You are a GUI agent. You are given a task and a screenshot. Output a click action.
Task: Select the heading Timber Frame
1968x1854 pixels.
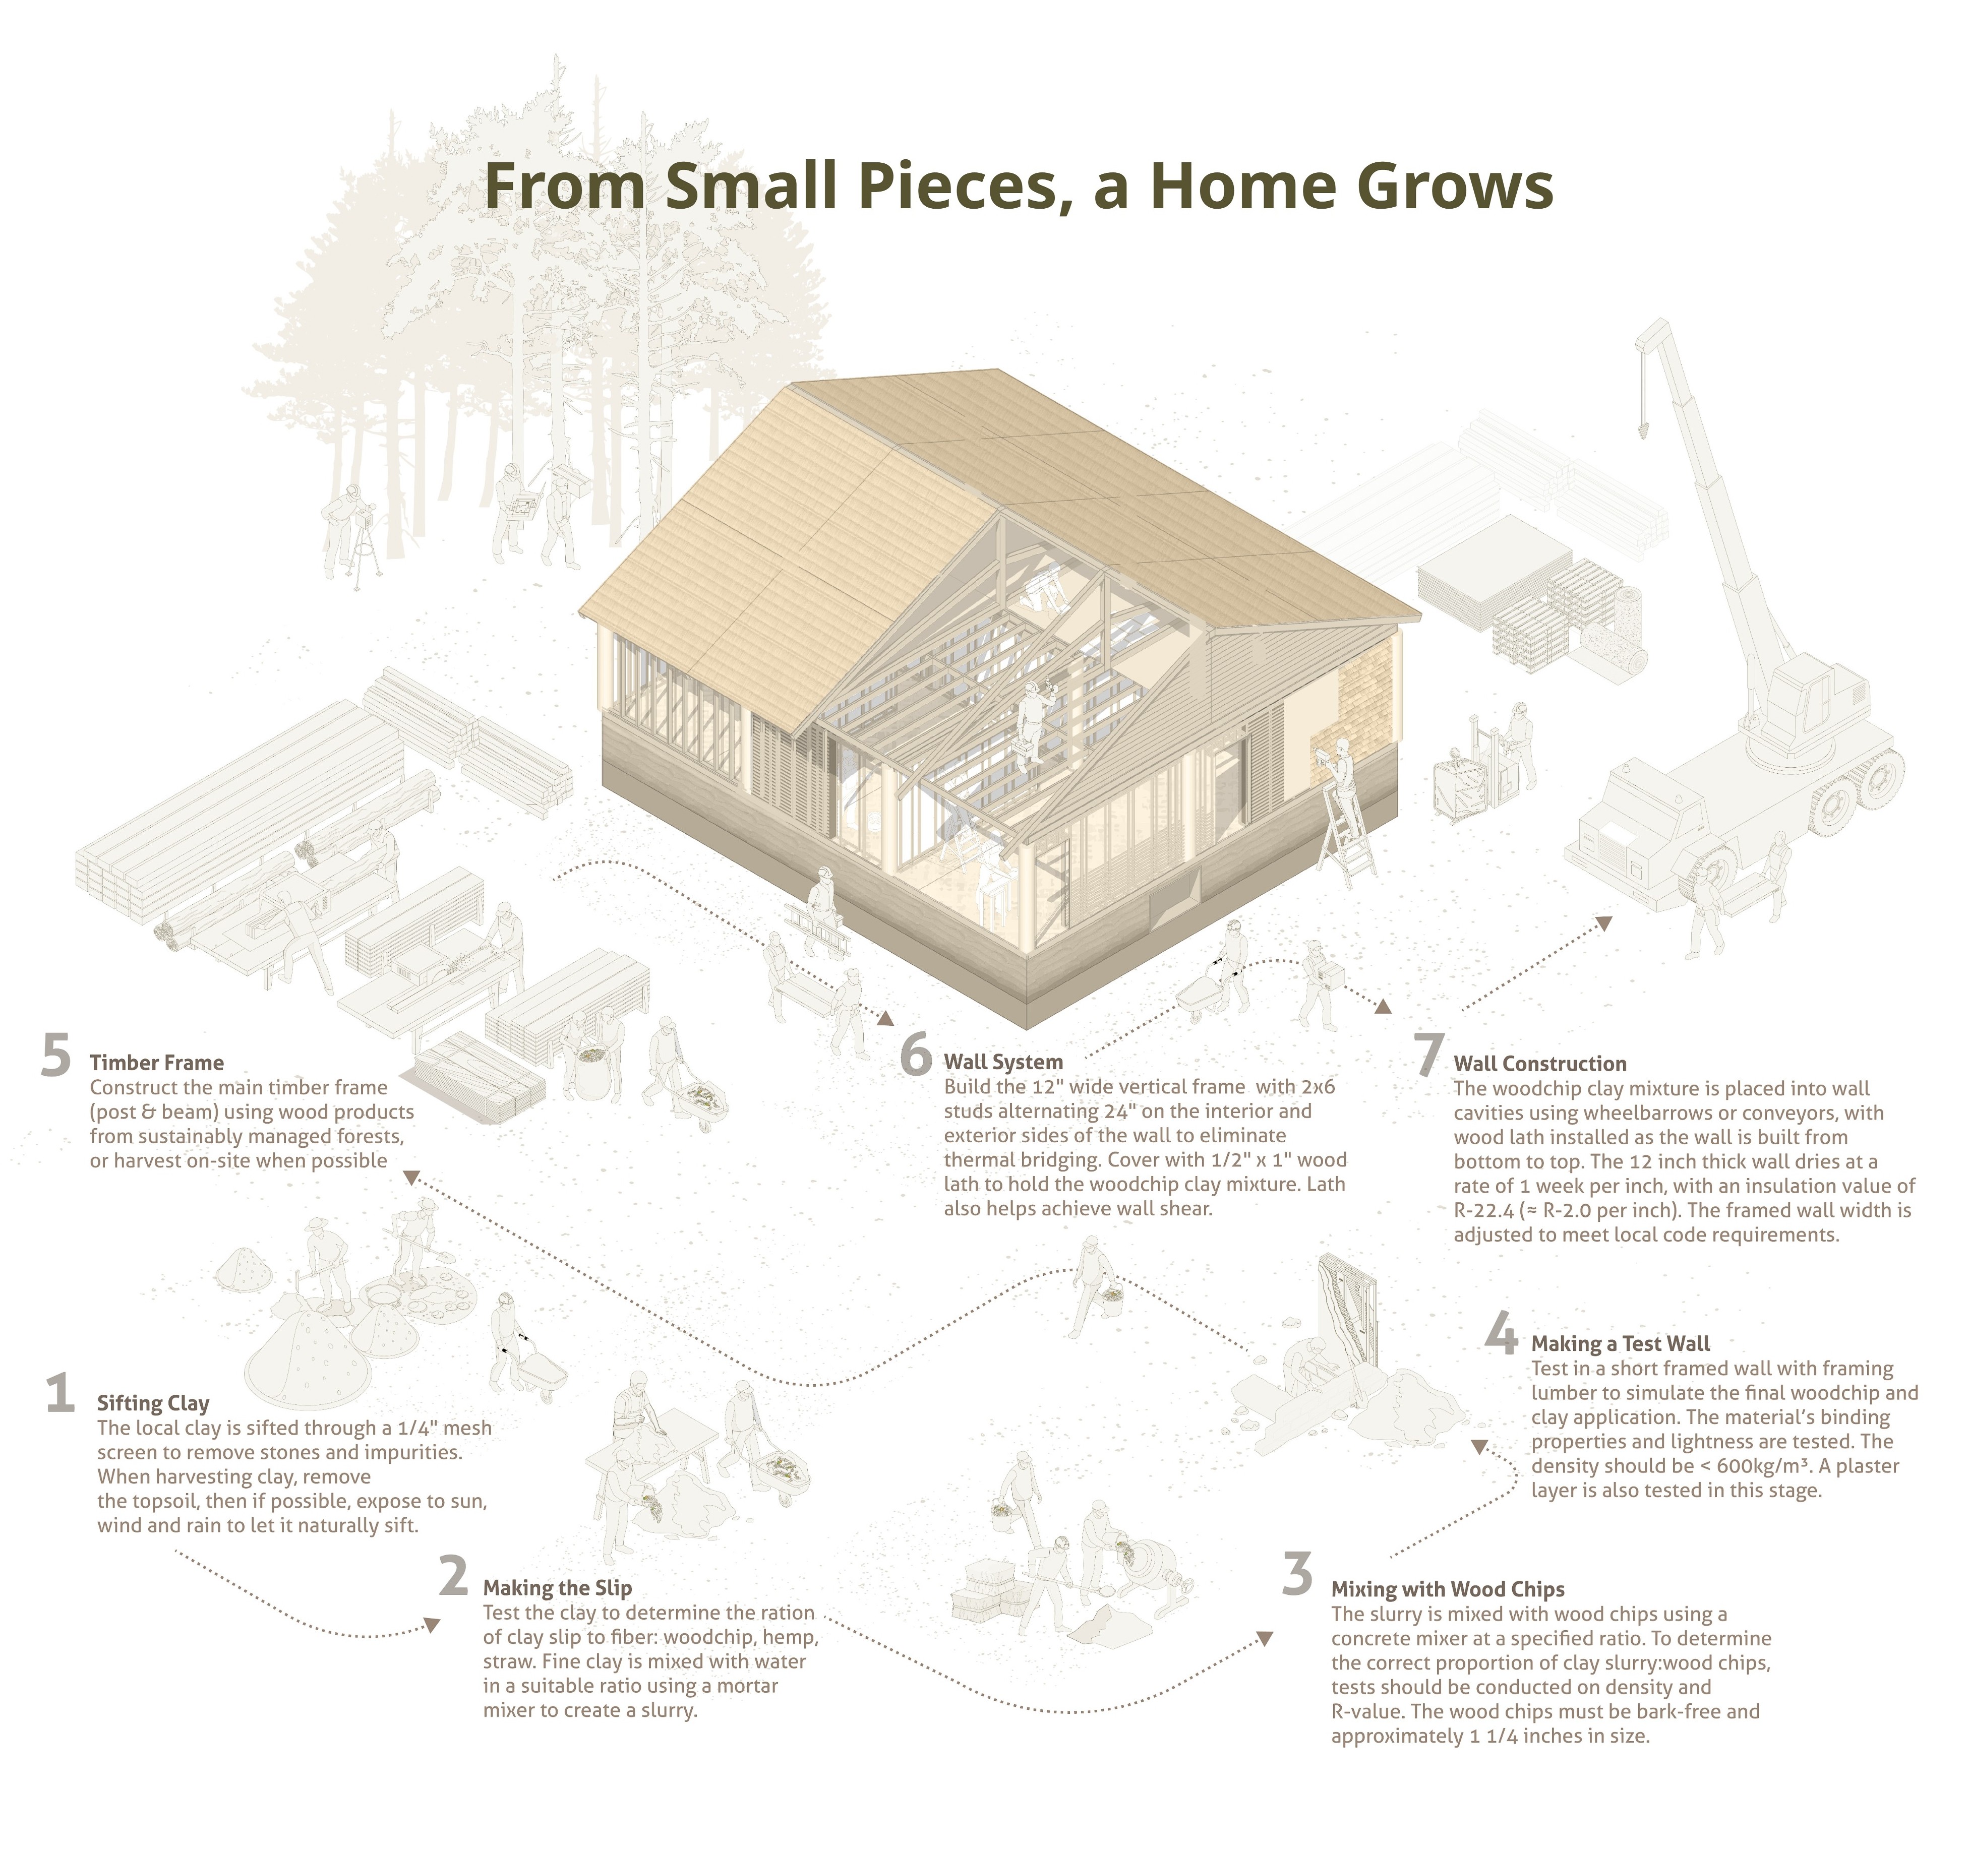(156, 1062)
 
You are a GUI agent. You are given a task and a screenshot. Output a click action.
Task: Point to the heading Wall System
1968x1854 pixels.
(1003, 1062)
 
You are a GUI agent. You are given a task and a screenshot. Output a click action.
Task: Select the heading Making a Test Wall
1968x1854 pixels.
(1621, 1343)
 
